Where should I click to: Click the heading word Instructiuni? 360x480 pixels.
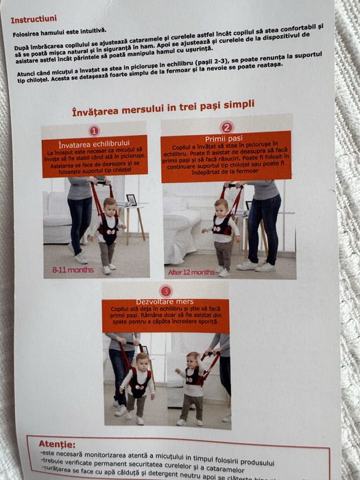pos(34,19)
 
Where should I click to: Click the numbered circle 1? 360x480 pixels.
pos(94,130)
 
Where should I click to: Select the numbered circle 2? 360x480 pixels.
pos(227,127)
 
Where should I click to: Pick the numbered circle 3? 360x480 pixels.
pos(166,291)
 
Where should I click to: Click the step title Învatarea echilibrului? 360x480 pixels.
pos(94,145)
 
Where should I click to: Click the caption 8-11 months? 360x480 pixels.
pos(72,270)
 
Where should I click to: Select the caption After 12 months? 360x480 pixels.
pos(191,272)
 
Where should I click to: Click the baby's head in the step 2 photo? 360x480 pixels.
pos(221,208)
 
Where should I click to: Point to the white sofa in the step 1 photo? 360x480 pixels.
pos(56,217)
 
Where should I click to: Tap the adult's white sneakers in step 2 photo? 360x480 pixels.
pos(254,265)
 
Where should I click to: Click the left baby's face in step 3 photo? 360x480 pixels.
pos(142,361)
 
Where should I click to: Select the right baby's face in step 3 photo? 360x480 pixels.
pos(193,361)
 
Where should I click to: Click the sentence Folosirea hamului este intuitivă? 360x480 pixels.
pos(59,30)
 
